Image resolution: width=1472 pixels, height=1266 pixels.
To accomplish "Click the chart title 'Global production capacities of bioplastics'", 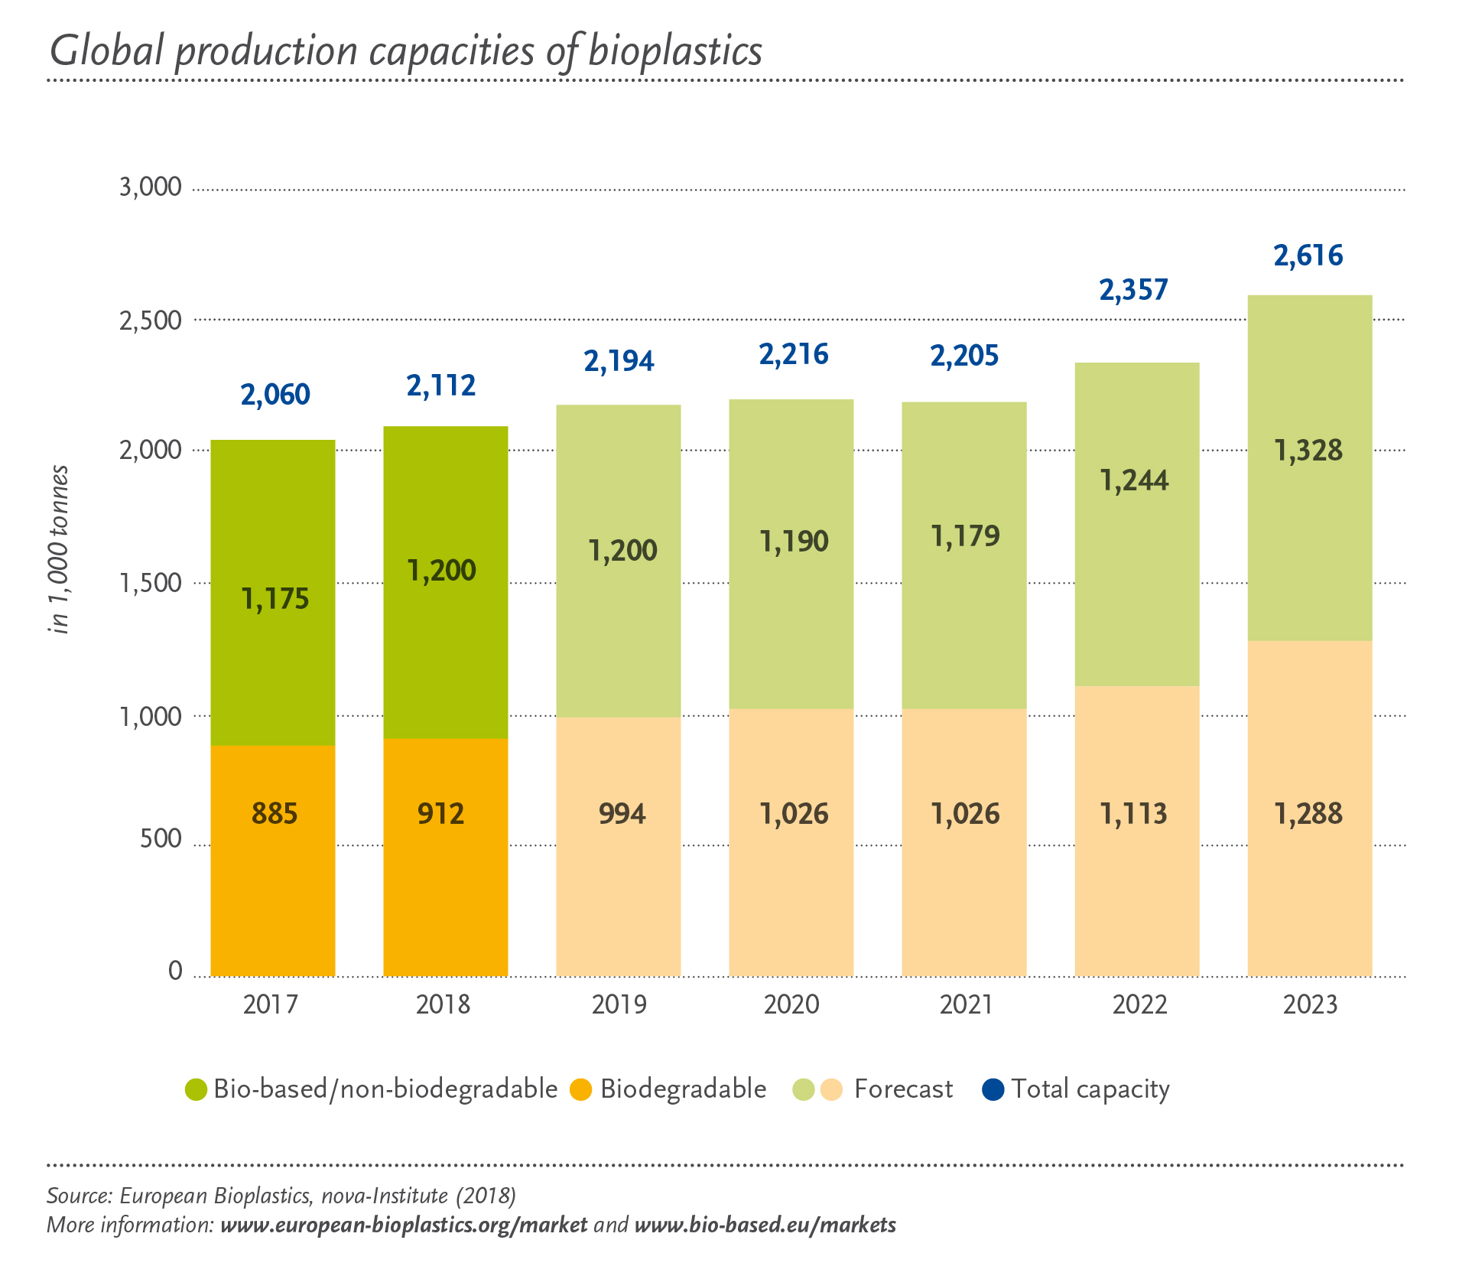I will tap(405, 52).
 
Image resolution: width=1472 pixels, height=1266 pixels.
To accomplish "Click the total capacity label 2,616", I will tap(1308, 255).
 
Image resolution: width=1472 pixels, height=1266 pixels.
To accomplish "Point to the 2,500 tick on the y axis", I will tap(151, 321).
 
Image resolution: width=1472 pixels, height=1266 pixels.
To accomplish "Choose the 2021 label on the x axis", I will tap(965, 1004).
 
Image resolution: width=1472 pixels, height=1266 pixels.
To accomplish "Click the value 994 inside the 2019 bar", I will tap(622, 813).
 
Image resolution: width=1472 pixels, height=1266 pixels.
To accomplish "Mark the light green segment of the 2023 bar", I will tap(1309, 535).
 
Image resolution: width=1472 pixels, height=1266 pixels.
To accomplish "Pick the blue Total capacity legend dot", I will tap(993, 1089).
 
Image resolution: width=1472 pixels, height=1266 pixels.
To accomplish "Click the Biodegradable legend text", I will tap(683, 1089).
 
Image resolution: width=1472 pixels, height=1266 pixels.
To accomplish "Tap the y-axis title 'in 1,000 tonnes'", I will tap(59, 549).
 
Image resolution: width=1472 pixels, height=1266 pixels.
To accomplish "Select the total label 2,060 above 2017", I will tap(275, 395).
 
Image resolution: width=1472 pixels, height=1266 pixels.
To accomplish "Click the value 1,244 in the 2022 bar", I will tap(1134, 480).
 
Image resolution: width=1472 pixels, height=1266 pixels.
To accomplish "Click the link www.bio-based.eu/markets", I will tap(765, 1225).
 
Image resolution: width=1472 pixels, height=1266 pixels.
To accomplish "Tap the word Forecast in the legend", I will tap(903, 1089).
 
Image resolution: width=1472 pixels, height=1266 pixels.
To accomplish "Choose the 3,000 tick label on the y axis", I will tap(151, 187).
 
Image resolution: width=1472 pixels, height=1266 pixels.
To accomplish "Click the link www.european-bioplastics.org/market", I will tap(404, 1225).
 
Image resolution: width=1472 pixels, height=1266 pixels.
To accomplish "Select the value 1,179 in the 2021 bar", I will tap(965, 536).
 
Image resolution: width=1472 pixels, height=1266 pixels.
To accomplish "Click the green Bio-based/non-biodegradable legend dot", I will tap(197, 1089).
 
